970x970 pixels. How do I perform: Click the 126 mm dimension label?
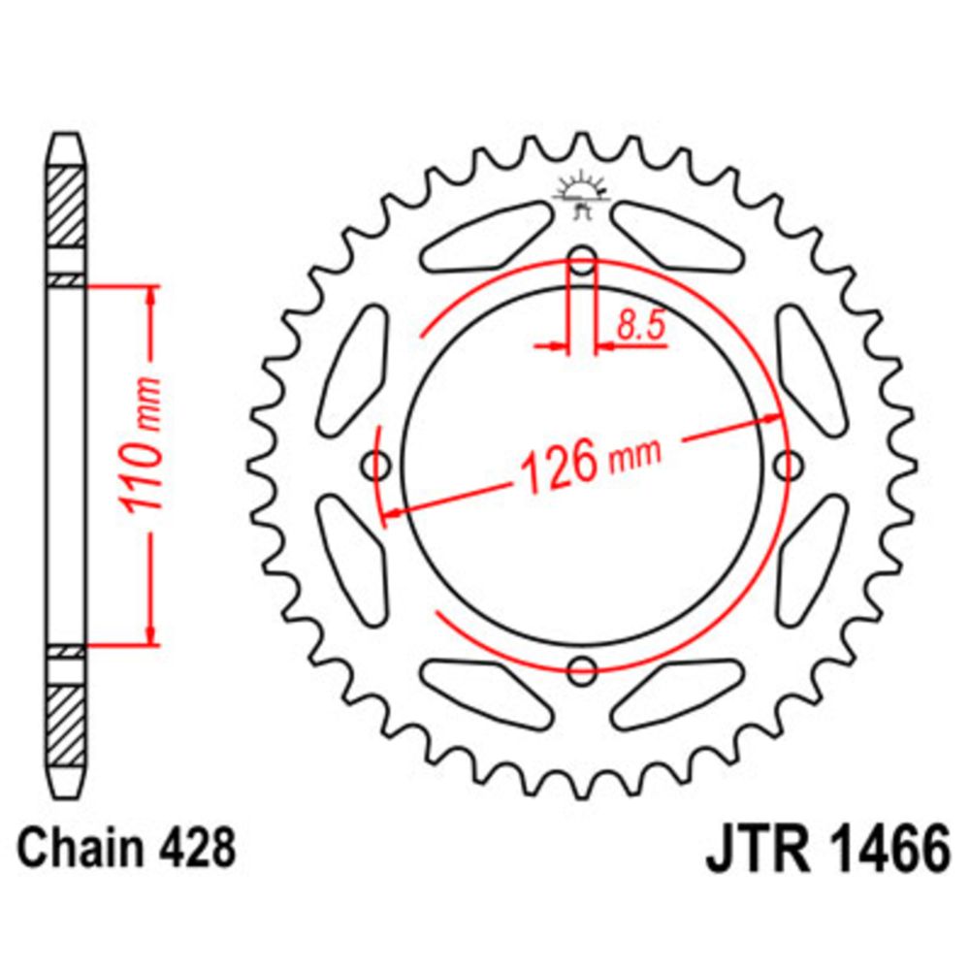(x=591, y=464)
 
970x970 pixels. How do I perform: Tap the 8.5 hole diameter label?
(x=639, y=326)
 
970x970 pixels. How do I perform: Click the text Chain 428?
(x=126, y=847)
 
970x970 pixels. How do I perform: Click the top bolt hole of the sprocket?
(x=581, y=260)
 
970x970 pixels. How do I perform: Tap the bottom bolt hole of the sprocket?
(x=582, y=670)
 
